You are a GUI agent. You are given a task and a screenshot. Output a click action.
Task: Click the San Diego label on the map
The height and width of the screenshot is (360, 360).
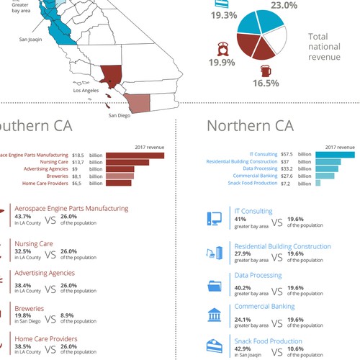tap(120, 115)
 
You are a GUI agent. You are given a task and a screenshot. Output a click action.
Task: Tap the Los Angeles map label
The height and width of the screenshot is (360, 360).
tap(86, 91)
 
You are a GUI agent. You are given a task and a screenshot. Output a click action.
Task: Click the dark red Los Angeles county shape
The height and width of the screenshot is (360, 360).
tap(112, 75)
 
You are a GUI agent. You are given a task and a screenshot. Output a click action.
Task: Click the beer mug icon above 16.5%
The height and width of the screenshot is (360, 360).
tap(266, 71)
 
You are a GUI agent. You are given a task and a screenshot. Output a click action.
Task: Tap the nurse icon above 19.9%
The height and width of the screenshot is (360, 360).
tap(222, 50)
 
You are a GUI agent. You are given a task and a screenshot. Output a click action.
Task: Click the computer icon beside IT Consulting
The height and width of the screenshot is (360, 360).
tap(214, 217)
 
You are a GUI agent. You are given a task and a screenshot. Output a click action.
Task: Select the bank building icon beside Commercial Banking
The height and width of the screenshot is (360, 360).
tap(214, 315)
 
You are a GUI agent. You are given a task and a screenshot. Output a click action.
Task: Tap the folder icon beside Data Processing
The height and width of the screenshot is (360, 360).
tap(214, 284)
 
